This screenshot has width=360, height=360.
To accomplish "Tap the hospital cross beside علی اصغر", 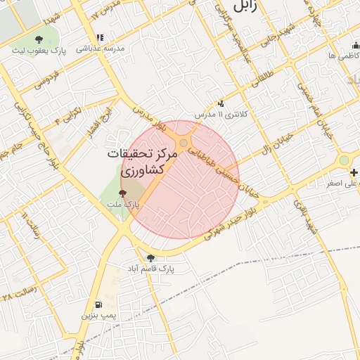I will tap(354, 172).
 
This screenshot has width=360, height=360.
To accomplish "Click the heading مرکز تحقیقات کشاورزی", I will tap(141, 162).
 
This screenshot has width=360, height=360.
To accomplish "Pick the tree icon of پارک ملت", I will tap(122, 191).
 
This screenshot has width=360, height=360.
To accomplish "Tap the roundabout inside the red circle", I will tap(184, 143).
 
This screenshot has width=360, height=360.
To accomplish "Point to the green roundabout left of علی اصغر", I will tap(343, 160).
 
